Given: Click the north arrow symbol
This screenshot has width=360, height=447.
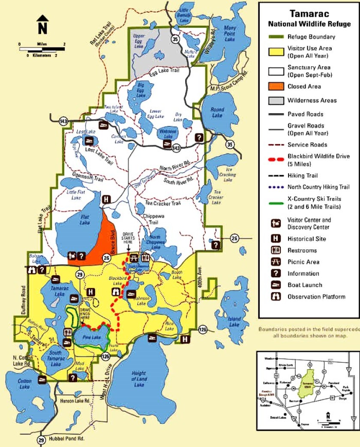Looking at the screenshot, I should tap(42, 24).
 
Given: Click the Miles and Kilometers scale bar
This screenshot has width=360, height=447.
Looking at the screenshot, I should tap(42, 50).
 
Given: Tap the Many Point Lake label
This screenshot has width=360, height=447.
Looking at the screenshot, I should tap(230, 34).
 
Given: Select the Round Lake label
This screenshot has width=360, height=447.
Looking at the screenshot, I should tap(217, 112).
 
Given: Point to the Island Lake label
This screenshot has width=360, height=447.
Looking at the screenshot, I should tap(234, 321).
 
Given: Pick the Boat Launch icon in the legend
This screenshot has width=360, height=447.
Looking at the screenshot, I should tap(276, 285).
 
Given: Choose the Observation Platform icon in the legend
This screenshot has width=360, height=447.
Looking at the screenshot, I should tap(276, 297).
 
